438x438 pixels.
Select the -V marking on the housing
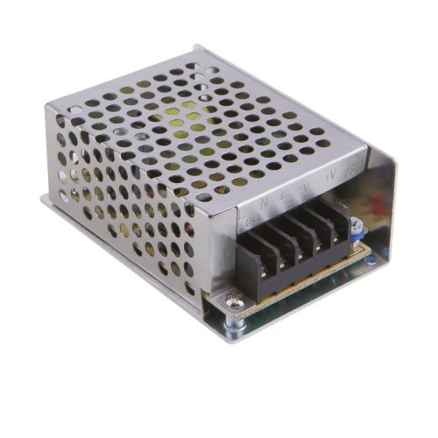coord(305,186)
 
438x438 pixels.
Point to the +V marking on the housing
coord(332,176)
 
